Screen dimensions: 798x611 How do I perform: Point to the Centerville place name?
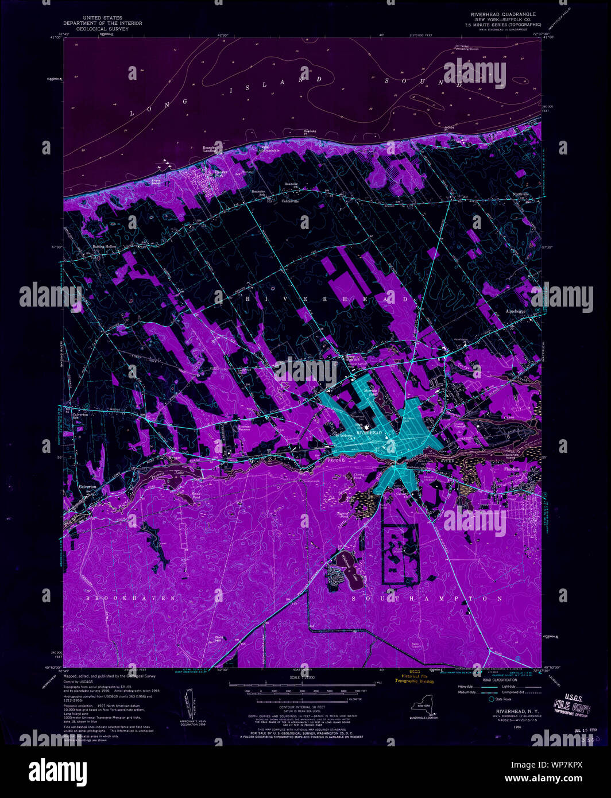(291, 201)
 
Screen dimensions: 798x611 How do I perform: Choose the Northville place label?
(520, 195)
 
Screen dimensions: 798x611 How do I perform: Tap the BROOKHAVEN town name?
(131, 598)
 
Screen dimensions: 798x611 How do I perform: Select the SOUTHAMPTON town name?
(428, 598)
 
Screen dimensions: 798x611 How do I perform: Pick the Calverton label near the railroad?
(87, 486)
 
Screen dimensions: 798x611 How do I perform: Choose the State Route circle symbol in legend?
(491, 699)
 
